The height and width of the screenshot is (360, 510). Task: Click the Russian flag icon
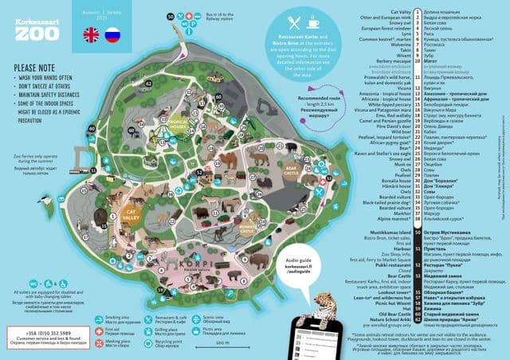point(112,34)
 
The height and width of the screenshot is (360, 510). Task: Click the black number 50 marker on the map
point(169,16)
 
